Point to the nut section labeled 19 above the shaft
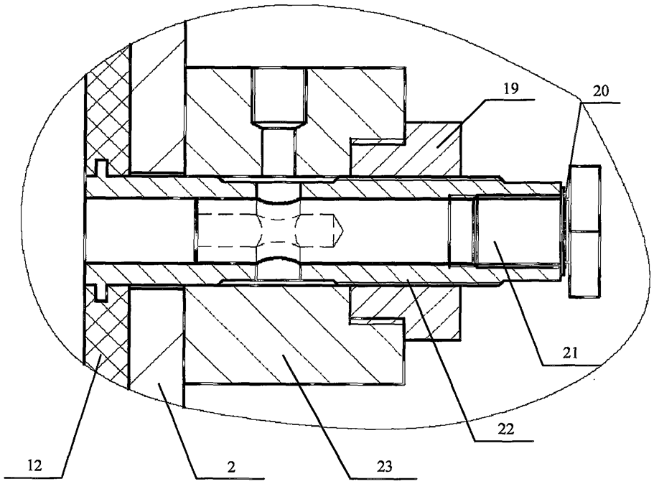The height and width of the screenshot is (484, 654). pos(431,147)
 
